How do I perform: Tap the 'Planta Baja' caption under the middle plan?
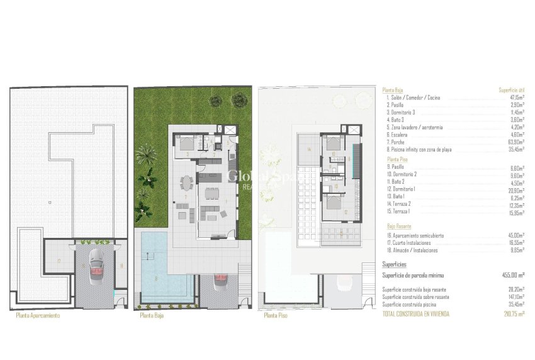click(151, 316)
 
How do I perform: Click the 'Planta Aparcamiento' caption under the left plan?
click(38, 316)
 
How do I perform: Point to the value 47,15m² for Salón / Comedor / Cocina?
click(516, 98)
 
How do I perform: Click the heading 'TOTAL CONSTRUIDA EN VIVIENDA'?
click(416, 313)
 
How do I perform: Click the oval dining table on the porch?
click(186, 184)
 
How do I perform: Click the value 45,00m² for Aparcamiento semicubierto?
click(517, 235)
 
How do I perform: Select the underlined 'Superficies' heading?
click(395, 265)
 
